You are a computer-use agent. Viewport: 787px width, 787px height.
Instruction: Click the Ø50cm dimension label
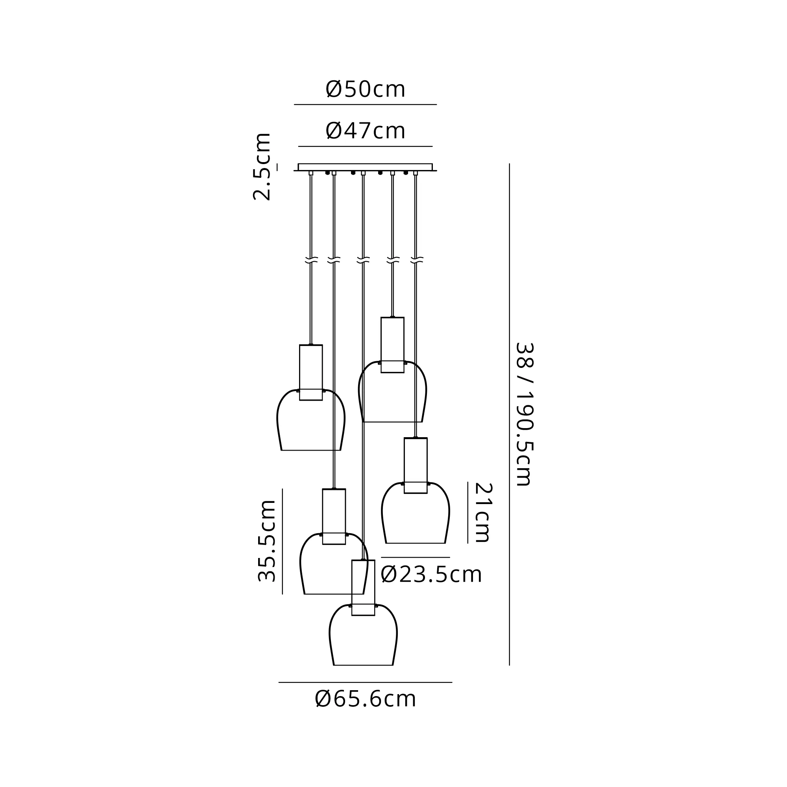(x=366, y=89)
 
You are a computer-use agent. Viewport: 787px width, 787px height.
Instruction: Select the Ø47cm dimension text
(x=366, y=131)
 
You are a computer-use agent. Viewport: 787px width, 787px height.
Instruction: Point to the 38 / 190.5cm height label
(x=525, y=415)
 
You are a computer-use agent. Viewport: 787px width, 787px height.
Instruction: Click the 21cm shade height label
(x=484, y=512)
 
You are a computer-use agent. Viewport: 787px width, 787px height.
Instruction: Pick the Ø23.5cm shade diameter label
(x=431, y=575)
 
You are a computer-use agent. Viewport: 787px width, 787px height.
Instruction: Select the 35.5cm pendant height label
(x=267, y=541)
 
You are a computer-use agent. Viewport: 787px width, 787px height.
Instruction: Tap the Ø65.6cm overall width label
(x=366, y=699)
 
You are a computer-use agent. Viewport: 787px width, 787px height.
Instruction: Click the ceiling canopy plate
(x=366, y=167)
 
